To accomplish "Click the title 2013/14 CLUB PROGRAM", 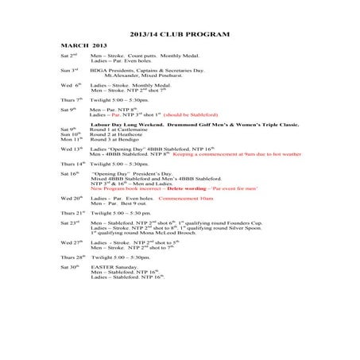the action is point(179,36).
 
